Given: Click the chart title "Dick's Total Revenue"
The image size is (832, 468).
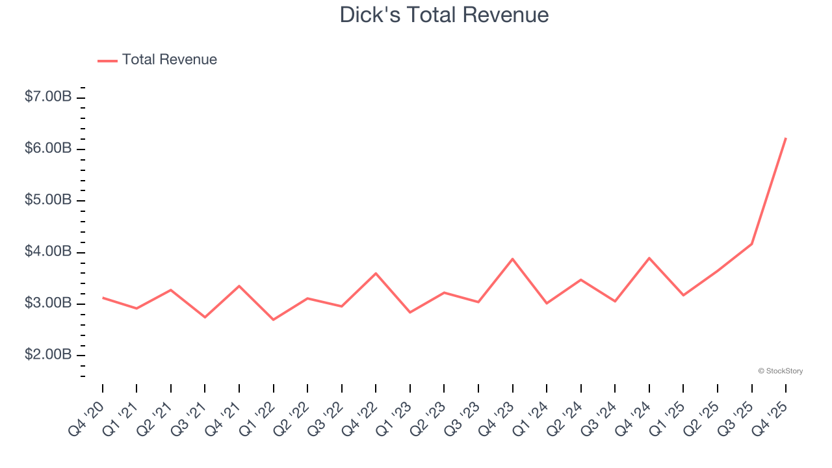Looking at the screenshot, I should coord(444,14).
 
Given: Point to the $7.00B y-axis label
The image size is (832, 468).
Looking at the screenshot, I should coord(48,97).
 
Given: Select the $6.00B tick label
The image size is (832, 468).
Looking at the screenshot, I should coord(48,148).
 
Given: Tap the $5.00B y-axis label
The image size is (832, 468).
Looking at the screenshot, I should coord(48,200).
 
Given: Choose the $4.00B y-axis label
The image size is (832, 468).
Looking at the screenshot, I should coord(48,252).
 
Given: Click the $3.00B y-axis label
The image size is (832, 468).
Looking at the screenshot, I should coord(48,303).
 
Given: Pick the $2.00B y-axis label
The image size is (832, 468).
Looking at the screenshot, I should coord(48,355).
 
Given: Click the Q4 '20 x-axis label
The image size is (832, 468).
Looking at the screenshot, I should coord(86,420).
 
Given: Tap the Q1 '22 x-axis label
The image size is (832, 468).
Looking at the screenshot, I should coord(257,420).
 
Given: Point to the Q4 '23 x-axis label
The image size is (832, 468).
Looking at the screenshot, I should coord(497,420).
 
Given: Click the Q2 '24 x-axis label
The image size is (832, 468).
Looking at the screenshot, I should coord(565,420).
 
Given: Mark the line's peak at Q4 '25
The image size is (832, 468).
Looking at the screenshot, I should coord(786,138).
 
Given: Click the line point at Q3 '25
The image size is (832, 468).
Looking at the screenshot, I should coord(751,244).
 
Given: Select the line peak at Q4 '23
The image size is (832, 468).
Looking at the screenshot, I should coord(513,259).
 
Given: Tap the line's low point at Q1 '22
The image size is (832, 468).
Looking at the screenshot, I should coord(273,320).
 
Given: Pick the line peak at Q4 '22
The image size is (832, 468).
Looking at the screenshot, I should coord(376,273).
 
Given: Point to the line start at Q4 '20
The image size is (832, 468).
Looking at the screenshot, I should coord(103,298).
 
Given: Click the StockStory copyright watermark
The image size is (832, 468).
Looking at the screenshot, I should coord(781,371).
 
